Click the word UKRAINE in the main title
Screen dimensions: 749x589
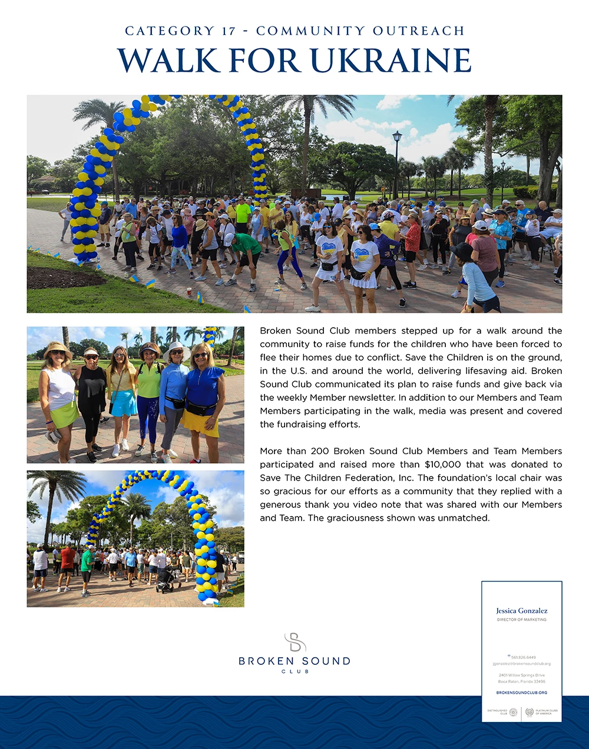click(391, 61)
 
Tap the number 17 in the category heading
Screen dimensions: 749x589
click(229, 31)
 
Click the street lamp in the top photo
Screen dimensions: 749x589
click(397, 138)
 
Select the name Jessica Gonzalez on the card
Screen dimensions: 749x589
click(521, 611)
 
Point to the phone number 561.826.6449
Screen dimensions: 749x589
click(523, 657)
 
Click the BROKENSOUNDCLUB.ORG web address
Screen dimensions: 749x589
click(521, 693)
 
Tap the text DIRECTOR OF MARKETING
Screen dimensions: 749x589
click(521, 620)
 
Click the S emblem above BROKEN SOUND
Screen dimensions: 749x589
click(294, 643)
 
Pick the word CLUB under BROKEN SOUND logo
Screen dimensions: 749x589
click(294, 671)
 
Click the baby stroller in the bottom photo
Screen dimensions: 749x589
click(166, 580)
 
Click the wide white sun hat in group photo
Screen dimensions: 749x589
click(176, 351)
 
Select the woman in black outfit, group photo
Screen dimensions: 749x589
click(92, 400)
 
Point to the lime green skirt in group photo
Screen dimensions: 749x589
click(64, 415)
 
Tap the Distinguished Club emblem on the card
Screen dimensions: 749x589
click(513, 712)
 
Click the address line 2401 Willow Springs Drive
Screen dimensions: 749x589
click(521, 675)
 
